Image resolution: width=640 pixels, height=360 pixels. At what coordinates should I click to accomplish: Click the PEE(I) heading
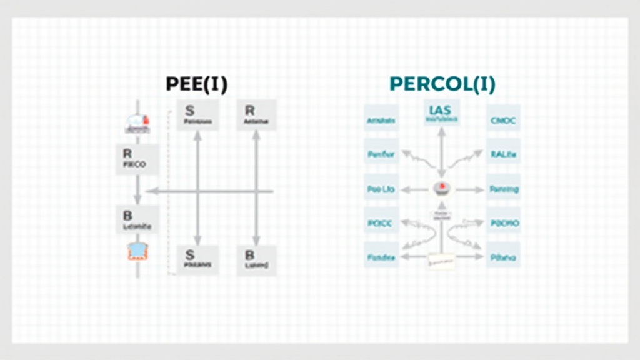197,84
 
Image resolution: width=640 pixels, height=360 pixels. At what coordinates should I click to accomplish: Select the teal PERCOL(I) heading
442,84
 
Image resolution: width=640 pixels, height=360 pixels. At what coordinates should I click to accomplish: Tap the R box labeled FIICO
137,159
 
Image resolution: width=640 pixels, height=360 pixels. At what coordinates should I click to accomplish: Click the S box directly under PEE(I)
197,115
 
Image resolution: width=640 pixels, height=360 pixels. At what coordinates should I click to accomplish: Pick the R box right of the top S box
256,115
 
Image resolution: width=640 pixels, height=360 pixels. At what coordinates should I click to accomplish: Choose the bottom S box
197,259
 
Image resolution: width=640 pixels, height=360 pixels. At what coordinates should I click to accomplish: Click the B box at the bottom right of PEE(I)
256,259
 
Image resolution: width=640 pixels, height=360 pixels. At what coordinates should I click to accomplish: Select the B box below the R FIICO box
137,219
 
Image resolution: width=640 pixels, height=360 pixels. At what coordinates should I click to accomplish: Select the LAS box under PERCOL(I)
441,111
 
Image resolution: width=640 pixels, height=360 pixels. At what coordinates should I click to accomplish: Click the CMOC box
503,121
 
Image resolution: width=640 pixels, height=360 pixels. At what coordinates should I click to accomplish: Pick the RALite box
503,154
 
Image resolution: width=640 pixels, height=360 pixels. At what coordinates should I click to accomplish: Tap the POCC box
381,222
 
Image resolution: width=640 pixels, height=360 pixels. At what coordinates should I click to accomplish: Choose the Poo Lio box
381,189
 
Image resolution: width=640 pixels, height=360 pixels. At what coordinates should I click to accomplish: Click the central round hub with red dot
441,188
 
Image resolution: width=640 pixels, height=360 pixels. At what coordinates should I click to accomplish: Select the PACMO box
503,222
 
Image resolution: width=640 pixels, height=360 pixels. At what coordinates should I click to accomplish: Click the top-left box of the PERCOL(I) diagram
381,121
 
